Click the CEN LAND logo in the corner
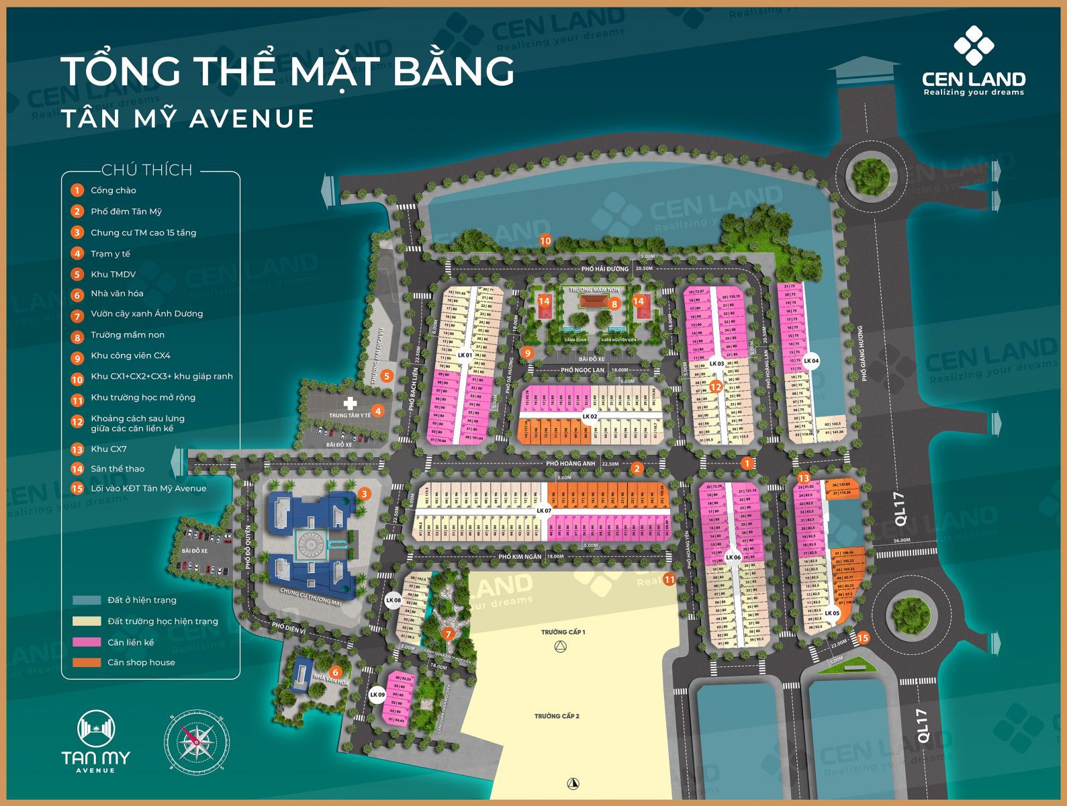[973, 61]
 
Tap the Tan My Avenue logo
[96, 741]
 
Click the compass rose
[197, 741]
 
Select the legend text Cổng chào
[113, 190]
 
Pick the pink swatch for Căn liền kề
[87, 641]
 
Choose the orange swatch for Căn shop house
[87, 662]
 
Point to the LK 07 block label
[543, 510]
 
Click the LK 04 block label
[811, 361]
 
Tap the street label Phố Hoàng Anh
[570, 463]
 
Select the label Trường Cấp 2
[557, 716]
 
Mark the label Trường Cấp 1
[563, 632]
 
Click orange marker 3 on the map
[364, 494]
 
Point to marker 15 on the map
[863, 638]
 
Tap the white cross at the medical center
[350, 403]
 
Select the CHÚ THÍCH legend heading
[146, 170]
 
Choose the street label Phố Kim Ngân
[520, 557]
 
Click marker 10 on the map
[545, 240]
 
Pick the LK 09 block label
[377, 695]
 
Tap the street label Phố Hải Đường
[605, 269]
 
